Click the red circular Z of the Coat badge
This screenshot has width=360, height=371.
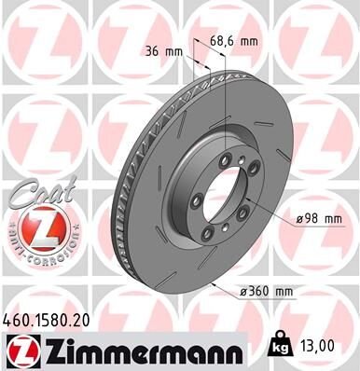click(x=36, y=227)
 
